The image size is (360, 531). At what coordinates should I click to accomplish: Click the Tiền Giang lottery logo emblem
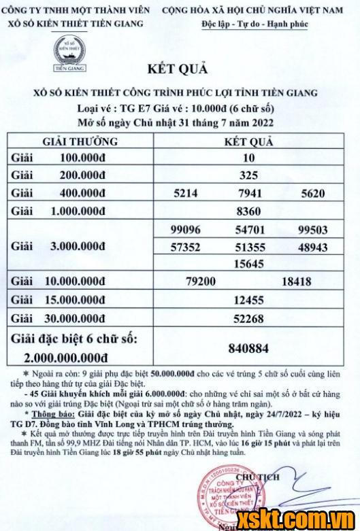click(65, 53)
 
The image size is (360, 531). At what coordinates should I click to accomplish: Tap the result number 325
click(248, 174)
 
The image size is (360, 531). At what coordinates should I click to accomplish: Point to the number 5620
click(312, 192)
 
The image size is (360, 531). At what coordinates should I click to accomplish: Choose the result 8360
click(248, 210)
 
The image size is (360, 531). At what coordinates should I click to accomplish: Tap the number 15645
click(248, 262)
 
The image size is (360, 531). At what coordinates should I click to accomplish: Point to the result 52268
click(248, 316)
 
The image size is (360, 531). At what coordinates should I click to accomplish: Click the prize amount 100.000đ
click(85, 157)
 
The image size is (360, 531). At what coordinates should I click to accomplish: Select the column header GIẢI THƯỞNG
click(80, 141)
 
